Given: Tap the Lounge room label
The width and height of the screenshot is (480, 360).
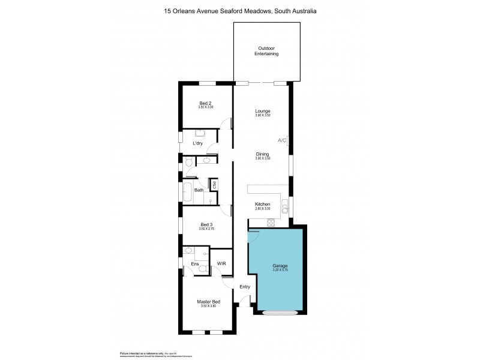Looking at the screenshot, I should point(262,111).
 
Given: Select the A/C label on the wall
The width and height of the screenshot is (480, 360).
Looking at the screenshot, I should point(281,140).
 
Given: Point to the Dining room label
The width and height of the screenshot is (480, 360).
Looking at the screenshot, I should point(262,154).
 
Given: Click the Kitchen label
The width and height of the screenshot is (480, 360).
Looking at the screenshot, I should point(262,205).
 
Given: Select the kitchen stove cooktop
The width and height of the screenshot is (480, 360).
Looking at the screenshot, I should point(271,224).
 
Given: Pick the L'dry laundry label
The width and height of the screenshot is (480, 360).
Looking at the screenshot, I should point(197,144).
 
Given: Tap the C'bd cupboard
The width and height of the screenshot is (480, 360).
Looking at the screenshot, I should point(212,185).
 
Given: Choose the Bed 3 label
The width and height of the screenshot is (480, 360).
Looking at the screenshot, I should point(206,225).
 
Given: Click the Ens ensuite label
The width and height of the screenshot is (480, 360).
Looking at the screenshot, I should point(195,263).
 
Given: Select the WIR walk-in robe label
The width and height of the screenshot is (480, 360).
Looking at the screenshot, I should point(221,263).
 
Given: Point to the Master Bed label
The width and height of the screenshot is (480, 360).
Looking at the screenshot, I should point(206,302).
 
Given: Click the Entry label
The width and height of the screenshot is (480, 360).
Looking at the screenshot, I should point(245,287).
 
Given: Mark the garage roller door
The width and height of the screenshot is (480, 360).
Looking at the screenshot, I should point(280,313).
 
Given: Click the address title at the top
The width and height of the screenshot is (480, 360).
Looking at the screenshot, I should point(240,11).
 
